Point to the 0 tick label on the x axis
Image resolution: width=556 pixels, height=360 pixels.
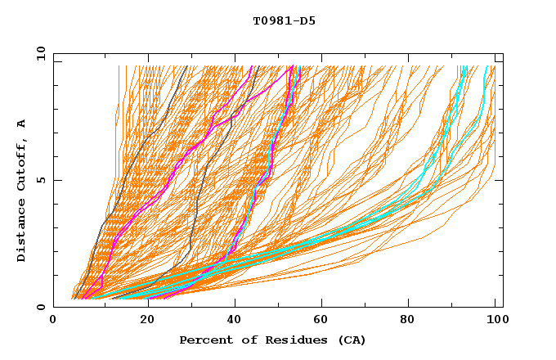pyautogui.click(x=54, y=321)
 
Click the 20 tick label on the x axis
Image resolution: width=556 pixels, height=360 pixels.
pyautogui.click(x=142, y=321)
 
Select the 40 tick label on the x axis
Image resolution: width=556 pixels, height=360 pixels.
pyautogui.click(x=231, y=321)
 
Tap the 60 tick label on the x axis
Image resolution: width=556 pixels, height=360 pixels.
pyautogui.click(x=319, y=321)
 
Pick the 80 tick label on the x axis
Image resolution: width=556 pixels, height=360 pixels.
pyautogui.click(x=407, y=321)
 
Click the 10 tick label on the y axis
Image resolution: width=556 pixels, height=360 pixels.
pyautogui.click(x=39, y=53)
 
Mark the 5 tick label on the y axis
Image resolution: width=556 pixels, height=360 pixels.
pyautogui.click(x=42, y=180)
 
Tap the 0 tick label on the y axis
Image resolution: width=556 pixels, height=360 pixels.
pyautogui.click(x=42, y=307)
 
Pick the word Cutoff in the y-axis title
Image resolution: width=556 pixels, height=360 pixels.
pyautogui.click(x=22, y=164)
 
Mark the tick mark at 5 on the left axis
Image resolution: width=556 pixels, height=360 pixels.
pyautogui.click(x=56, y=180)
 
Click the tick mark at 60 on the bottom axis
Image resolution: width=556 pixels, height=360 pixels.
pyautogui.click(x=319, y=304)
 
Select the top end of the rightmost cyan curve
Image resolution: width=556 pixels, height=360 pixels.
pyautogui.click(x=487, y=66)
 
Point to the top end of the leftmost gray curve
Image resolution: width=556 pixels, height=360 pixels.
pyautogui.click(x=187, y=66)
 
